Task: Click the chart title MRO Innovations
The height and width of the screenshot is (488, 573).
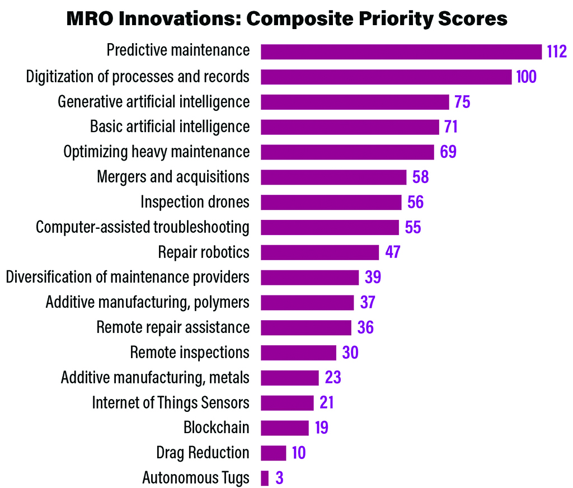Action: pyautogui.click(x=286, y=18)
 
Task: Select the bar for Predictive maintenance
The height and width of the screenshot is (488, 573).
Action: pyautogui.click(x=401, y=51)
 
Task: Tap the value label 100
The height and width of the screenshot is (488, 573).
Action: pyautogui.click(x=526, y=77)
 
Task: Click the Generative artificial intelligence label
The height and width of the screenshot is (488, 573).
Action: pyautogui.click(x=153, y=102)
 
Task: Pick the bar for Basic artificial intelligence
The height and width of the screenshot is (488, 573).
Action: pyautogui.click(x=350, y=127)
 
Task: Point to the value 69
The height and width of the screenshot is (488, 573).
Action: pyautogui.click(x=448, y=152)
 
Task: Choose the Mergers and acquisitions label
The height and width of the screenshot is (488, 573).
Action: pyautogui.click(x=173, y=177)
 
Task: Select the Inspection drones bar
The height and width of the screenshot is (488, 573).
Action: pyautogui.click(x=331, y=202)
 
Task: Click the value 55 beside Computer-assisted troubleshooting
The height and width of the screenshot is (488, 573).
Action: pyautogui.click(x=412, y=227)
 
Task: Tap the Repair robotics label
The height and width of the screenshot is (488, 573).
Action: pyautogui.click(x=204, y=252)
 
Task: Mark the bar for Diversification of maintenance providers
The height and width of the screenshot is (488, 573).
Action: pyautogui.click(x=309, y=278)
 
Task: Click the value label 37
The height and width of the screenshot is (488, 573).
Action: pyautogui.click(x=368, y=302)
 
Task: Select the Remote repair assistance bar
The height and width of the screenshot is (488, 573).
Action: pyautogui.click(x=306, y=327)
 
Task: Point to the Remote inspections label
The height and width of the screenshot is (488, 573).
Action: pyautogui.click(x=189, y=353)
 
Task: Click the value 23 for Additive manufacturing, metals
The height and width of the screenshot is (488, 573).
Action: pyautogui.click(x=332, y=378)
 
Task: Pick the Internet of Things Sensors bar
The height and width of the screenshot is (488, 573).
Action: pyautogui.click(x=287, y=403)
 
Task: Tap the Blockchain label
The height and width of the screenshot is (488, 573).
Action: pyautogui.click(x=216, y=428)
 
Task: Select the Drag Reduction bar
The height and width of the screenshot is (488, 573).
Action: pyautogui.click(x=274, y=453)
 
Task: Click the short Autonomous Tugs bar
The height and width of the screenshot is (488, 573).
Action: pyautogui.click(x=265, y=478)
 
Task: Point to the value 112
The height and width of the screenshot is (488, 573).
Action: pyautogui.click(x=557, y=51)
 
